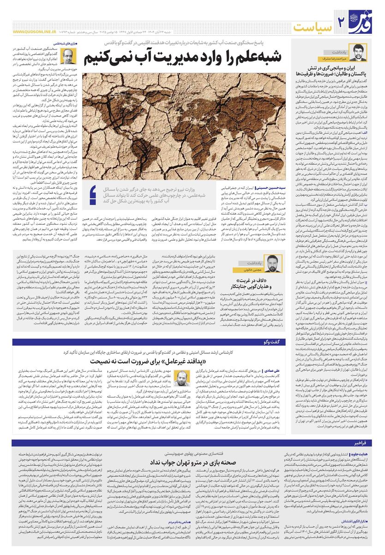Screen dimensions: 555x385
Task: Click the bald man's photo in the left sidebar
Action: coord(67,57)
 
